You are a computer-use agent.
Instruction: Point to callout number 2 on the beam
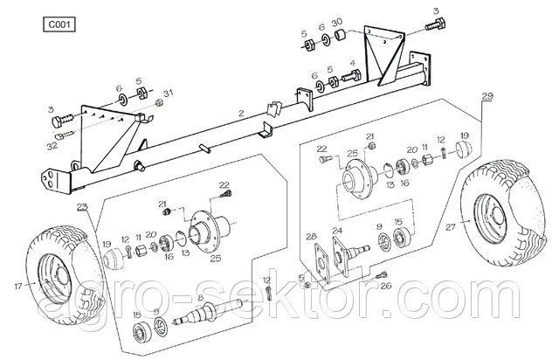point(241,114)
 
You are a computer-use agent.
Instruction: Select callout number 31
point(169,93)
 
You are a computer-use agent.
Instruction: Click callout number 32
point(53,146)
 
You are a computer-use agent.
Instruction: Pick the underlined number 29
point(487,94)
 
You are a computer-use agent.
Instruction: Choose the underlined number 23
point(82,206)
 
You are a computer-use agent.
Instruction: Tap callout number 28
point(310,236)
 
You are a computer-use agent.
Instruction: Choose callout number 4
point(352,63)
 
